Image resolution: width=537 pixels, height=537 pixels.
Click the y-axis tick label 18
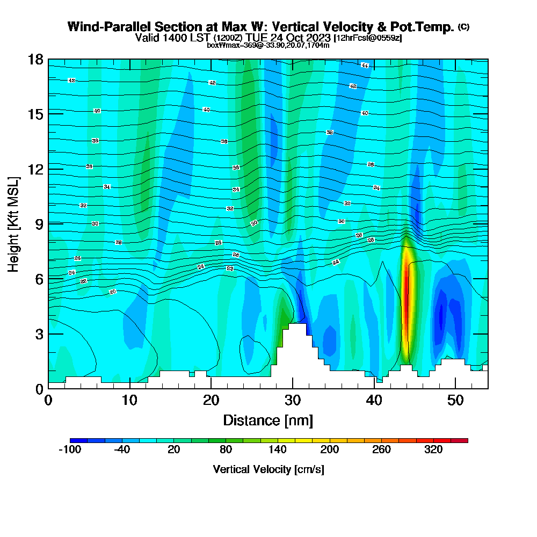35,59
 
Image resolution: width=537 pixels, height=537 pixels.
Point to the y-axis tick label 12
35,169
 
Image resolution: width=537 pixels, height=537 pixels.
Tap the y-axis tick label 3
39,333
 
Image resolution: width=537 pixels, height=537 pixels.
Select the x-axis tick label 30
293,401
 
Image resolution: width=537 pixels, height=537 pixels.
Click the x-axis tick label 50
455,401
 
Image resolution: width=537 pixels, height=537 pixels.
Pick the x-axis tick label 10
129,401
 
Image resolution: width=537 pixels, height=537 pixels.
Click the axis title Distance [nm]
268,420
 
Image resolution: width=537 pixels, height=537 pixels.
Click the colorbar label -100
69,450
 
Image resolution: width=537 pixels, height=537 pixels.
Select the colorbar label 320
433,450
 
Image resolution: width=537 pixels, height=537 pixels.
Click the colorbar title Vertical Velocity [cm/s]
268,469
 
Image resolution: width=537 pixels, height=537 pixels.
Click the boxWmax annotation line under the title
268,45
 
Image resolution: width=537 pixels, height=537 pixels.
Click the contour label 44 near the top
365,65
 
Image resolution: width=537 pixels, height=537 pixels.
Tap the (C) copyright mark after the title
463,27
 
